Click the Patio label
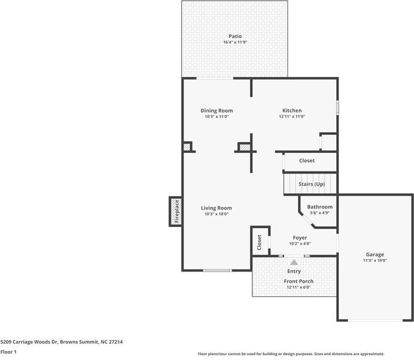click(x=235, y=36)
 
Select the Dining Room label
click(x=217, y=110)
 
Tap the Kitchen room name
click(x=292, y=110)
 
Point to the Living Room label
click(x=217, y=208)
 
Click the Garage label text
click(x=375, y=254)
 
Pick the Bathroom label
click(x=320, y=207)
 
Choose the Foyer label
click(x=300, y=238)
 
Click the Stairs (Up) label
click(x=312, y=184)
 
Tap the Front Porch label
click(x=298, y=281)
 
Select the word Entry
click(x=294, y=272)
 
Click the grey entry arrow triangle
click(x=294, y=262)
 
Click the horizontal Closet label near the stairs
click(x=307, y=161)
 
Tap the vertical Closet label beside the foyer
click(x=259, y=243)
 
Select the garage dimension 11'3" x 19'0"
click(x=375, y=260)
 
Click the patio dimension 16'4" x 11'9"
click(x=235, y=42)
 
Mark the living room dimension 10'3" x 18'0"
click(x=217, y=214)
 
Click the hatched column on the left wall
click(x=187, y=146)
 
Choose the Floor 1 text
click(x=8, y=351)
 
